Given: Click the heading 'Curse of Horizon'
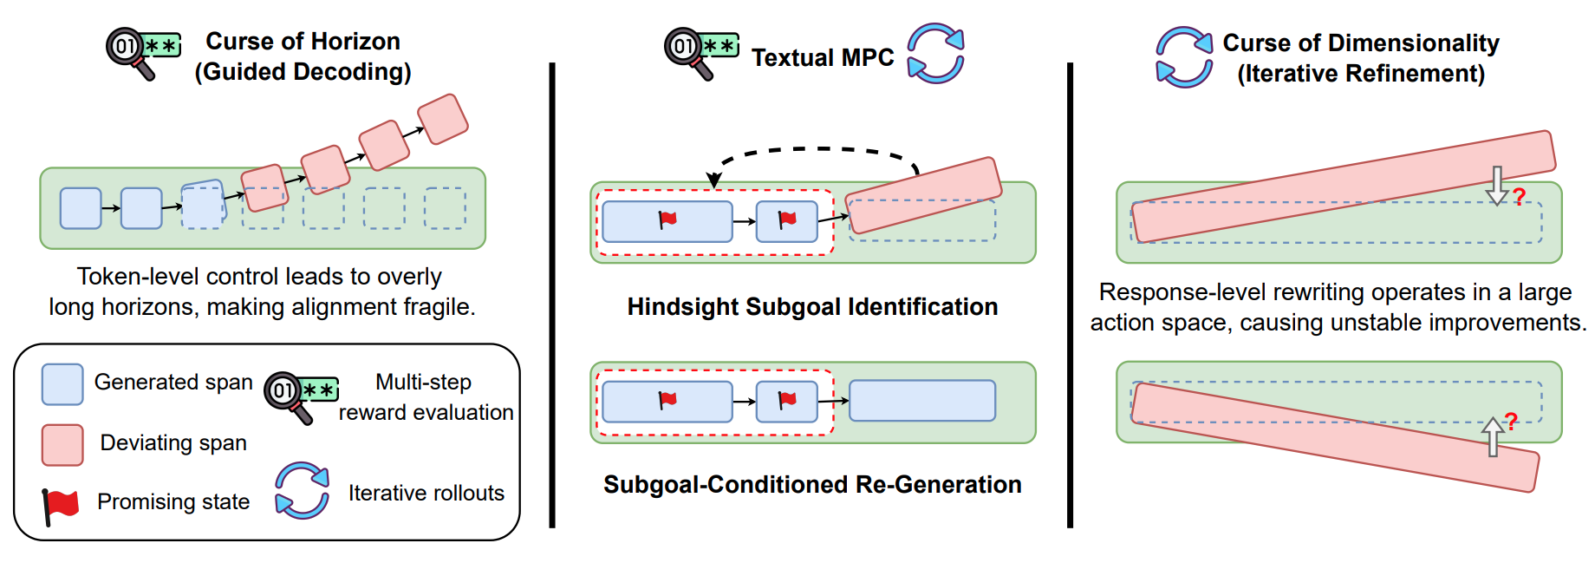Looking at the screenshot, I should (x=303, y=42).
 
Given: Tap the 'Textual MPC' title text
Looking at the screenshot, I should (x=822, y=58).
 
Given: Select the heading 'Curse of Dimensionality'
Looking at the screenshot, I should (x=1360, y=43).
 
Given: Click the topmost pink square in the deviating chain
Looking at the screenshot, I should (x=443, y=119).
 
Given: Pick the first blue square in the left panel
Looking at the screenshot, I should (x=81, y=208).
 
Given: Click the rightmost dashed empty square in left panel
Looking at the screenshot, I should (x=445, y=208).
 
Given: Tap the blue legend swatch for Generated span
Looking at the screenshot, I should (x=62, y=384).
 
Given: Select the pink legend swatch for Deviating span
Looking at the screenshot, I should (x=62, y=445).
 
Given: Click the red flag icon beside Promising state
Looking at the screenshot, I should (x=60, y=505).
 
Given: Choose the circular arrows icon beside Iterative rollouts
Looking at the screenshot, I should (x=302, y=491).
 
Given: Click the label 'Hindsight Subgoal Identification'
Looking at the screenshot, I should (x=812, y=307).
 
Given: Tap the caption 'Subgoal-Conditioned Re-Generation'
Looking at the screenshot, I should (x=812, y=485).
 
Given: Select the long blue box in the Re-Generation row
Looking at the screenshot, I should (x=921, y=401).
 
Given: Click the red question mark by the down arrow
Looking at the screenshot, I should (x=1519, y=198).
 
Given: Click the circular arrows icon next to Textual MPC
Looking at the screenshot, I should (x=935, y=54).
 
